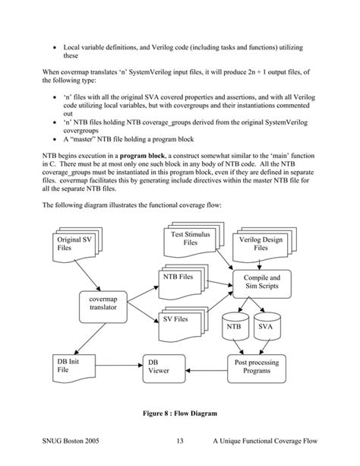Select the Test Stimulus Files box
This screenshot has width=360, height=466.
click(179, 239)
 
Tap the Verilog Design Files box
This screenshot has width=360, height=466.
click(260, 243)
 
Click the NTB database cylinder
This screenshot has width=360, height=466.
click(233, 326)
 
